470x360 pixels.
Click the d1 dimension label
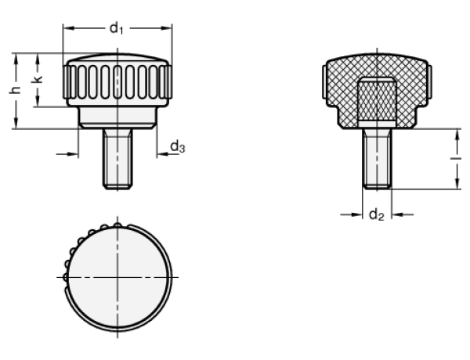pyautogui.click(x=117, y=29)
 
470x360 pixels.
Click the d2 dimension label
pyautogui.click(x=377, y=215)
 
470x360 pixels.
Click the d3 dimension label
pyautogui.click(x=178, y=147)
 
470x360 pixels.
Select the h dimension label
pyautogui.click(x=15, y=90)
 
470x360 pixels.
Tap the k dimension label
pyautogui.click(x=37, y=79)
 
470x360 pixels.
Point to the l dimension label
pyautogui.click(x=457, y=158)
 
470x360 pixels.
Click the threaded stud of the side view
pyautogui.click(x=117, y=159)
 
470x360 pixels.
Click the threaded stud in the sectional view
pyautogui.click(x=377, y=159)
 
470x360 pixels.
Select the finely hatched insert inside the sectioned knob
pyautogui.click(x=377, y=102)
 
